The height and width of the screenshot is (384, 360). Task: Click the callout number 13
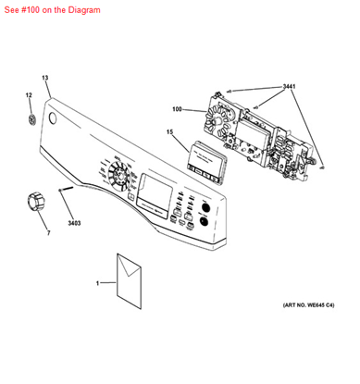coord(44,78)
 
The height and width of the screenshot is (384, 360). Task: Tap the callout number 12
coord(28,95)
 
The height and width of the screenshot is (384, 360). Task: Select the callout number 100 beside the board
coord(177,109)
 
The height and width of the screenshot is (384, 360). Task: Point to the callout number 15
coord(170,132)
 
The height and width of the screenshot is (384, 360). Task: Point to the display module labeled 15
coord(205,163)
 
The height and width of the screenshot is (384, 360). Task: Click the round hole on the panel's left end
coord(50,120)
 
